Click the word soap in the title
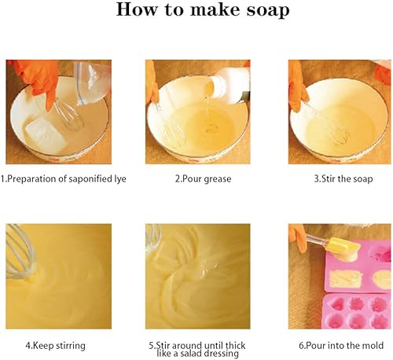click(268, 10)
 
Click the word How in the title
click(137, 9)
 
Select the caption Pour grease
click(204, 179)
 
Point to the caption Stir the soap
click(343, 179)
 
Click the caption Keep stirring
click(55, 346)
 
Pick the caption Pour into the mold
click(341, 345)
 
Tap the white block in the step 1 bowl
click(46, 134)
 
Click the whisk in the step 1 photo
click(69, 116)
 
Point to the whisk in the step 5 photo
click(153, 237)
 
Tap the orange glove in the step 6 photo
click(298, 237)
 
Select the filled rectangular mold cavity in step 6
click(345, 279)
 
